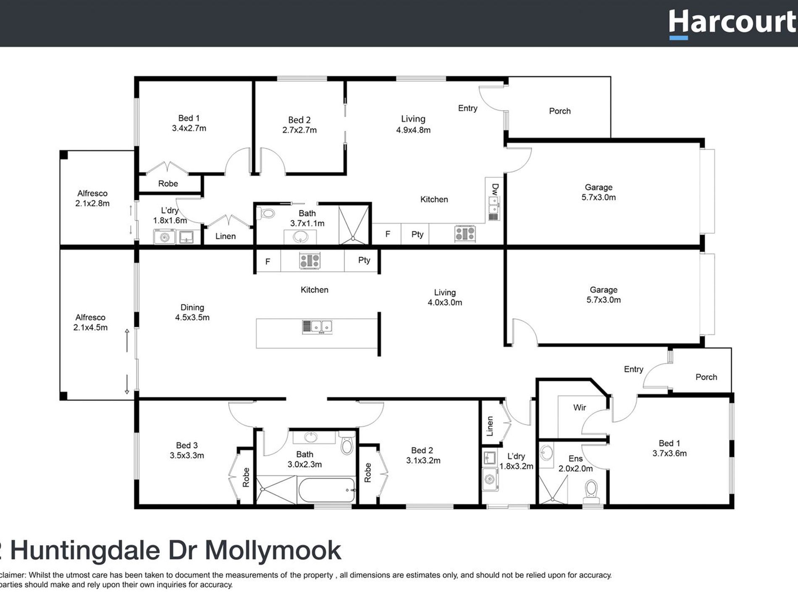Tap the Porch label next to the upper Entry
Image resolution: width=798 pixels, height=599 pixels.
559,111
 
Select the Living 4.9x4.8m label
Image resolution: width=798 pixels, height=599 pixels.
413,124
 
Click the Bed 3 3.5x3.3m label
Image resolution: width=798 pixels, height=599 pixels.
186,450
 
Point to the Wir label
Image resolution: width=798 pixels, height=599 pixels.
579,407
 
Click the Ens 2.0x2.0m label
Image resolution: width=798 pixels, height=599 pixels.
575,463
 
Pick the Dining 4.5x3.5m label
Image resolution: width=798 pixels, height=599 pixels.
192,312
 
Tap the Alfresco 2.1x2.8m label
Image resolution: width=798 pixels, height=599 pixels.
92,198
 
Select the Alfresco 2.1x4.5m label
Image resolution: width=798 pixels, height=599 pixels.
90,322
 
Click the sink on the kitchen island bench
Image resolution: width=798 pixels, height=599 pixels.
317,327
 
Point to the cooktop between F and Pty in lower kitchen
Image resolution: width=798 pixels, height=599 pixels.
310,261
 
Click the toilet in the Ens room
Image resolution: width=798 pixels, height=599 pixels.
591,492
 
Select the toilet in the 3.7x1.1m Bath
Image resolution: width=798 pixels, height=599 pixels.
266,214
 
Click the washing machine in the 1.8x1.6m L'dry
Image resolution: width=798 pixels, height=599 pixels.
165,237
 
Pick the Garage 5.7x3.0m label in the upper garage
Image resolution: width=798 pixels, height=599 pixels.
598,192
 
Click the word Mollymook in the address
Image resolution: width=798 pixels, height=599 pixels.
273,550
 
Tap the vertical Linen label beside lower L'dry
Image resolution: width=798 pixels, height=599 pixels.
490,426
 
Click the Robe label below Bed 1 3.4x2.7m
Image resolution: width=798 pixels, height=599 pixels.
168,184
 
